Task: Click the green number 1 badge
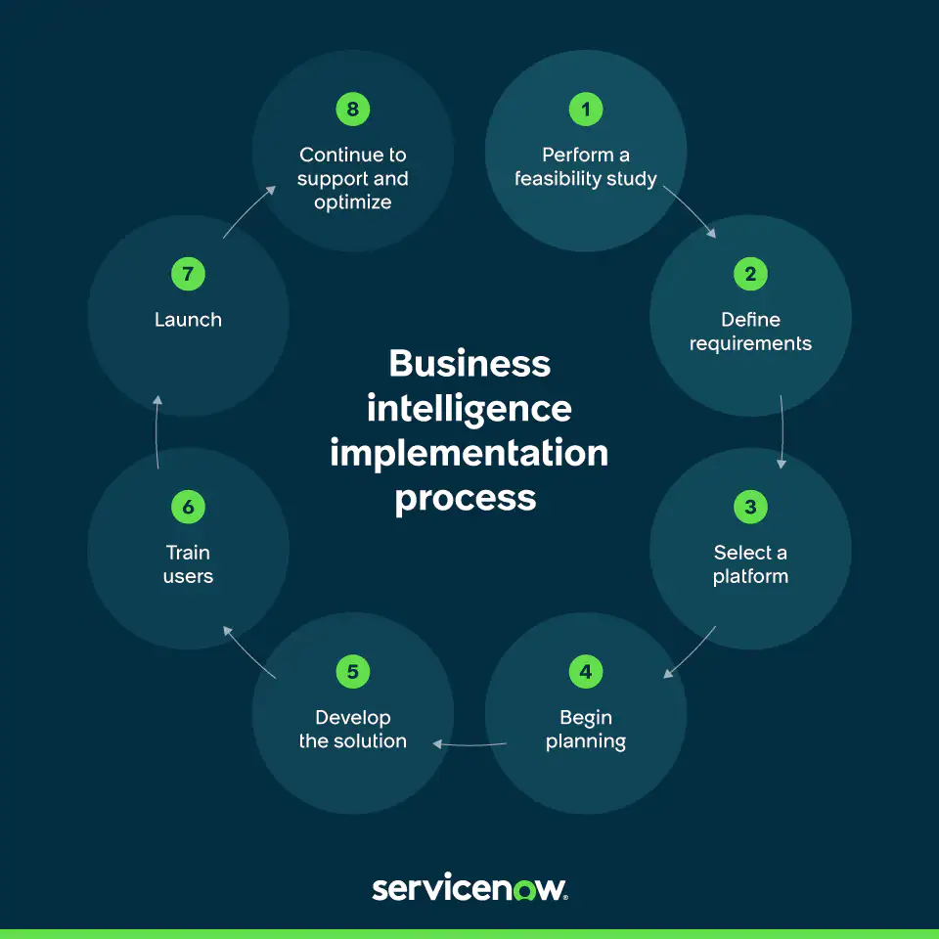(586, 110)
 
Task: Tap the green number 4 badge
(586, 672)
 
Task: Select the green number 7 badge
(188, 274)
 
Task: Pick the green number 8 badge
(352, 110)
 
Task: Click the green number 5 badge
(352, 672)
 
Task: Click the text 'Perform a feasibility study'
(586, 167)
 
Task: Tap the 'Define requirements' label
(750, 332)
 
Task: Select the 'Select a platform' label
(750, 564)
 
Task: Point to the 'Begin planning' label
(586, 730)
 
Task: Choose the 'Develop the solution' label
(352, 730)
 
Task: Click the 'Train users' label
(188, 564)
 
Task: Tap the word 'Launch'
(188, 320)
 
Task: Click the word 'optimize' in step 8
(352, 202)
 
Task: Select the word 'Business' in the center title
(469, 364)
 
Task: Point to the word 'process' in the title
(466, 499)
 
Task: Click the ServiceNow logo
(469, 888)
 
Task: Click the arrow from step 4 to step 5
(469, 744)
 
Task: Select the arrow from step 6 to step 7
(157, 429)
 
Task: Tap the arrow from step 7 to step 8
(248, 211)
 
